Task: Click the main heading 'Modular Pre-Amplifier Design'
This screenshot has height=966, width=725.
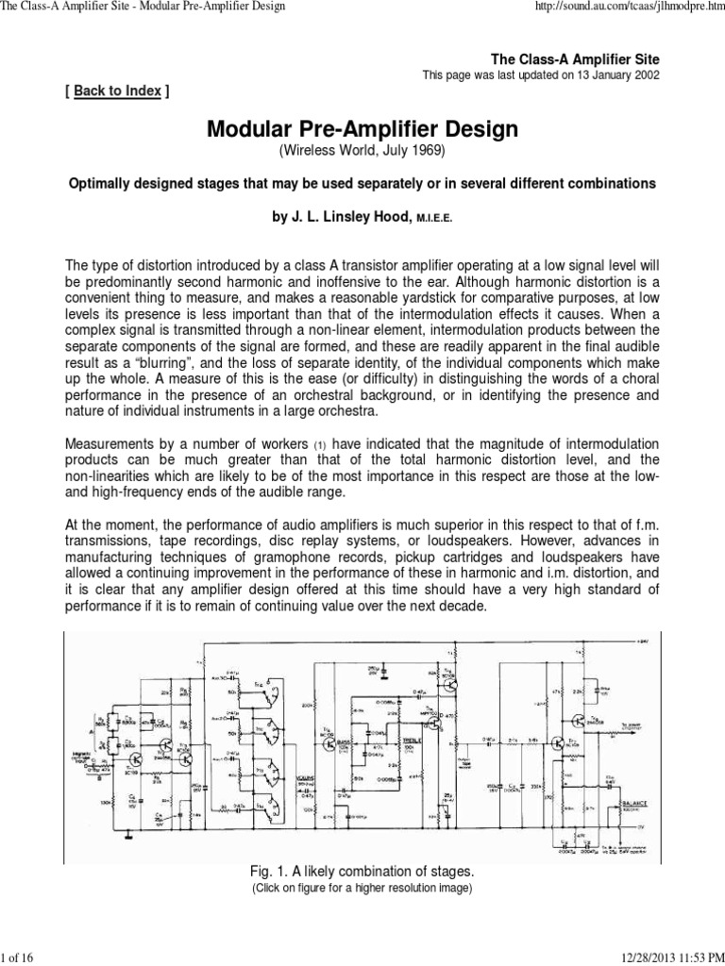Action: (x=362, y=129)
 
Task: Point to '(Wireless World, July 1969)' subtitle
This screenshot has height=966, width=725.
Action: (x=362, y=151)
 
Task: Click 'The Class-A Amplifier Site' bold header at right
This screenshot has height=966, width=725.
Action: (x=580, y=58)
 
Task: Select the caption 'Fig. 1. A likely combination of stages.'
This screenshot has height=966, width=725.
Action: (x=362, y=871)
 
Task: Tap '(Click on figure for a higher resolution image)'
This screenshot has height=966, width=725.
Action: (x=362, y=889)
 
